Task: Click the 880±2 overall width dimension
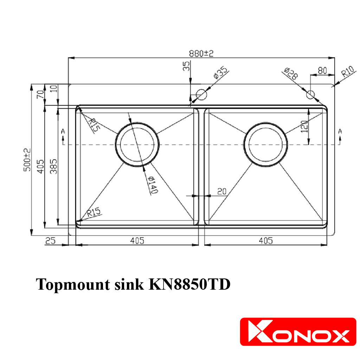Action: tap(201, 53)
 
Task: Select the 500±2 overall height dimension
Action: tap(27, 160)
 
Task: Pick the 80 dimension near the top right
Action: tap(322, 70)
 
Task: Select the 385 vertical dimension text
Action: tap(53, 165)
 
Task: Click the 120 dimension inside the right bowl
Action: tap(304, 126)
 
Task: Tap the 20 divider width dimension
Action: tap(221, 191)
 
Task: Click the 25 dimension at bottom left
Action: tap(51, 241)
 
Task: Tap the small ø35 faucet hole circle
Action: tap(201, 94)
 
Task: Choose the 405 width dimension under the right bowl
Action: tap(265, 241)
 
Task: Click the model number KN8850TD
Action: tap(190, 284)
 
